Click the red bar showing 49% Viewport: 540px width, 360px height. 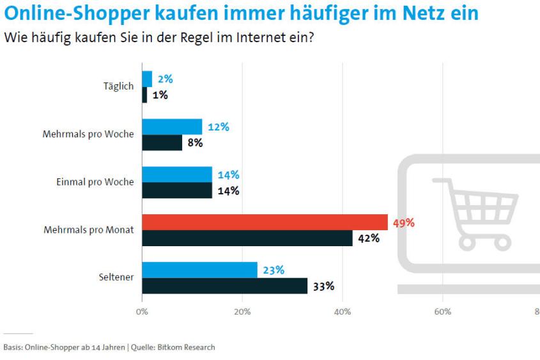[x=265, y=222]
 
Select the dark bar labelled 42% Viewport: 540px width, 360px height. [x=247, y=238]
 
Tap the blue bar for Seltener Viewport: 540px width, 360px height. [x=199, y=270]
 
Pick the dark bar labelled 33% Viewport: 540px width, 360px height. [x=224, y=286]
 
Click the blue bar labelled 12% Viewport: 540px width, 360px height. [x=172, y=127]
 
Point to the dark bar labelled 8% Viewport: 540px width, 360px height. [x=162, y=143]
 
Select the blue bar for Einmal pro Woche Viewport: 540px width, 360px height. [x=177, y=174]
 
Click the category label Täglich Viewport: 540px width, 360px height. [x=118, y=87]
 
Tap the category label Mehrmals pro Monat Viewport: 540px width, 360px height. [x=88, y=230]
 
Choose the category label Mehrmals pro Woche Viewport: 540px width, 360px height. [x=88, y=134]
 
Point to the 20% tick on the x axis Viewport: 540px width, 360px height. [x=242, y=312]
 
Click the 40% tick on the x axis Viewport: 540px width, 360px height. [x=343, y=312]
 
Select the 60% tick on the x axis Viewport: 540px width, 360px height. [x=443, y=312]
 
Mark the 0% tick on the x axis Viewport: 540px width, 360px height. [x=142, y=312]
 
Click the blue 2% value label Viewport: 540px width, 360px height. [x=165, y=79]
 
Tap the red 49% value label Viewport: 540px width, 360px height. [x=404, y=223]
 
